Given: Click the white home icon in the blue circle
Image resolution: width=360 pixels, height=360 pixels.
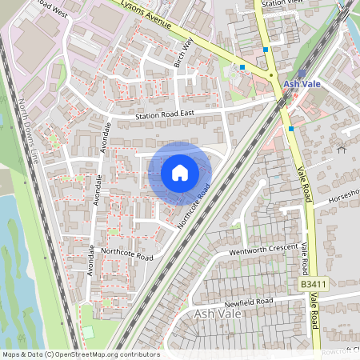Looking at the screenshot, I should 180,172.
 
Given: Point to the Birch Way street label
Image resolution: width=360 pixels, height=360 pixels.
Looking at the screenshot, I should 183,52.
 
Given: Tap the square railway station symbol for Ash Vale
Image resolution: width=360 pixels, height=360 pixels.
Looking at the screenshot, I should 302,72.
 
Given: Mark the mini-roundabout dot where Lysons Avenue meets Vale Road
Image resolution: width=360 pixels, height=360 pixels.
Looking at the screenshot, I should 272,75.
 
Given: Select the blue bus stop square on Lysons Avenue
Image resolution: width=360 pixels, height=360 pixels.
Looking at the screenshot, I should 242,68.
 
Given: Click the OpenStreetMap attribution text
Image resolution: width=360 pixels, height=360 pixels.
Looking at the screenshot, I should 80,354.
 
